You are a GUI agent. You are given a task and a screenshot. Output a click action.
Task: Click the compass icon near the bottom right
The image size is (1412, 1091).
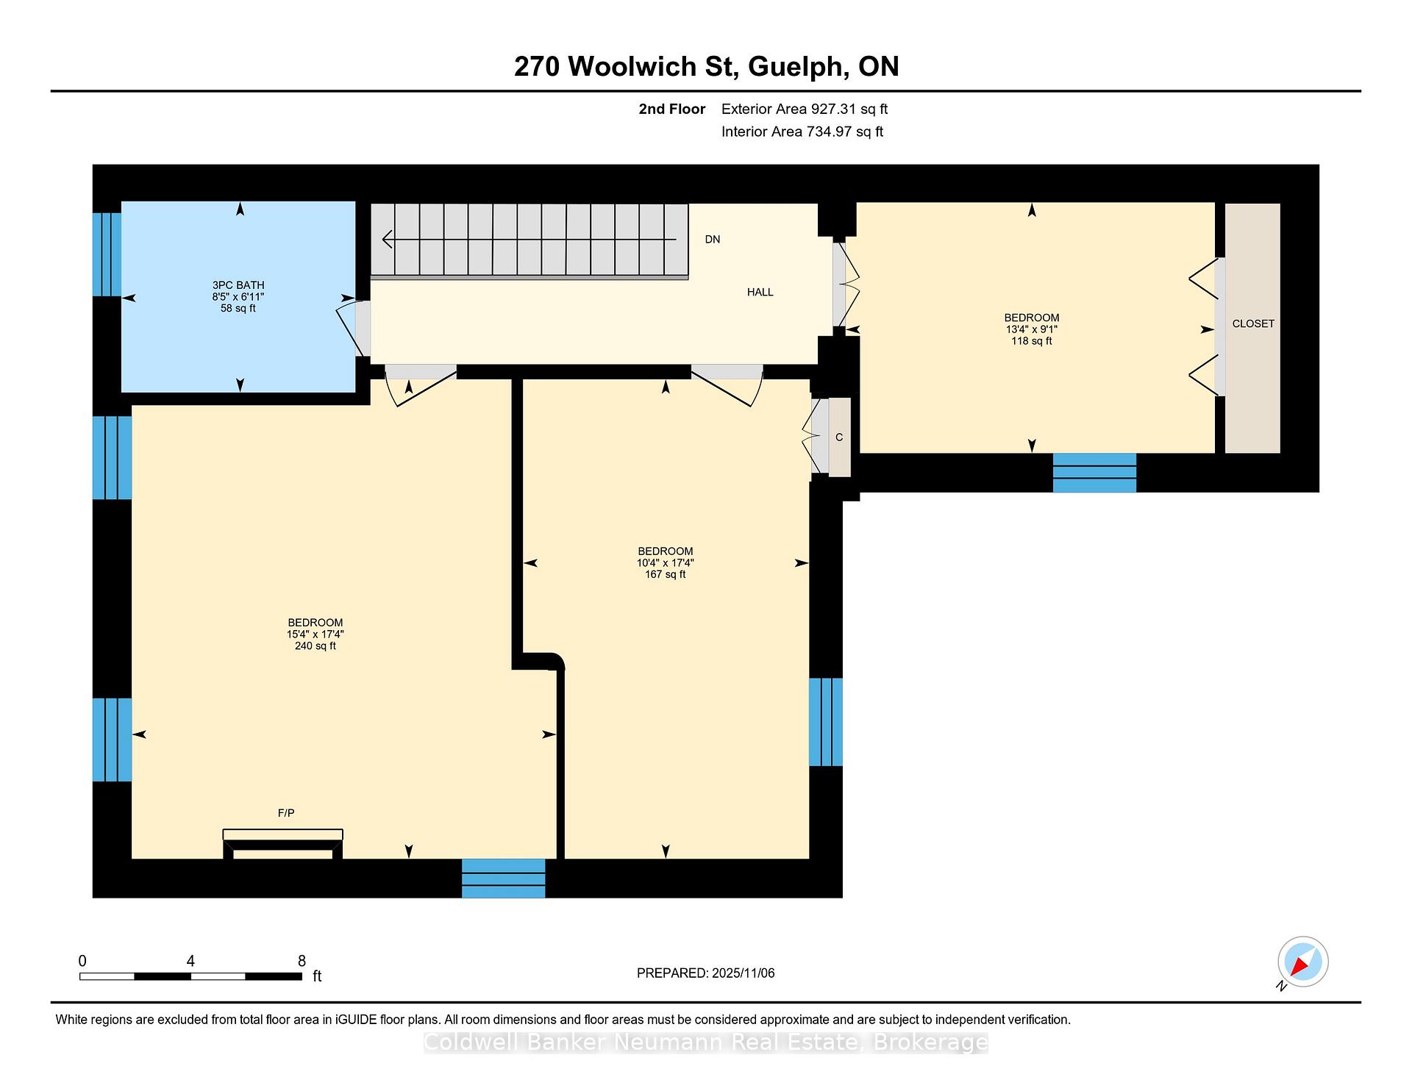click(1302, 962)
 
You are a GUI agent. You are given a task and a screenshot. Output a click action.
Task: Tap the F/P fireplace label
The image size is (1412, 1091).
click(286, 812)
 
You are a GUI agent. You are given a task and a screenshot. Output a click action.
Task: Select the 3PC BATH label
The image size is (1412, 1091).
click(238, 285)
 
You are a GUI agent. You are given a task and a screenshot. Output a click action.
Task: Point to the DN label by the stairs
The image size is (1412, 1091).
click(713, 240)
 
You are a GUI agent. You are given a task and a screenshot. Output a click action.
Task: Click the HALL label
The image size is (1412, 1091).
click(760, 292)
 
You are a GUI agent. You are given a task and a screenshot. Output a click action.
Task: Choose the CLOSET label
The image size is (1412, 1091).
click(1253, 323)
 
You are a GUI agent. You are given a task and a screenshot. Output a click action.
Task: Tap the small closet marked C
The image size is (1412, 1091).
click(839, 437)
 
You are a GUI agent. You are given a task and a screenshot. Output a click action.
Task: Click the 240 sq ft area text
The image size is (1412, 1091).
click(315, 646)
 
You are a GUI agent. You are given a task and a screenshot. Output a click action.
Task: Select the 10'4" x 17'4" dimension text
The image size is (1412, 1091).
click(666, 563)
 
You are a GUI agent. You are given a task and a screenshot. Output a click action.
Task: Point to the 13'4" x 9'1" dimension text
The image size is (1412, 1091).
click(1032, 329)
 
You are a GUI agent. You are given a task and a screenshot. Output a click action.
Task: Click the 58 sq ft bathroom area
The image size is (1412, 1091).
click(238, 309)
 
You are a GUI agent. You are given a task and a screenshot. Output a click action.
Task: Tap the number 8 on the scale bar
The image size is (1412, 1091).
click(302, 961)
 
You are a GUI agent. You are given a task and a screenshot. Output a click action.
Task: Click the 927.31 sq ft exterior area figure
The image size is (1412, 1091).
click(849, 110)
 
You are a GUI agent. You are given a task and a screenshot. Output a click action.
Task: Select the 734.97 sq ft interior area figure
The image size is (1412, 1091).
click(845, 132)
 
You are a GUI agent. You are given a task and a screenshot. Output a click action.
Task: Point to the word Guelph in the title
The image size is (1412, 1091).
click(796, 67)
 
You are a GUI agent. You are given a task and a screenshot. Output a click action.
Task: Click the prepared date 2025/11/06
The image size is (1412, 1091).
click(744, 973)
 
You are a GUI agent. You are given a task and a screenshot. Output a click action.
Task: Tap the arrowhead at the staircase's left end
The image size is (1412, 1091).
click(387, 240)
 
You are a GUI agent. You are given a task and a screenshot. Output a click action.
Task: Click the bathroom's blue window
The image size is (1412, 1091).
click(107, 254)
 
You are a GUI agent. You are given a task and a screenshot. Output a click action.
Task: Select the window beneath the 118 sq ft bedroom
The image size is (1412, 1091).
click(1094, 473)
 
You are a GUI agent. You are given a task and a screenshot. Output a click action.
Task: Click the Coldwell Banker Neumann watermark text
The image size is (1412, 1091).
click(706, 1042)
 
